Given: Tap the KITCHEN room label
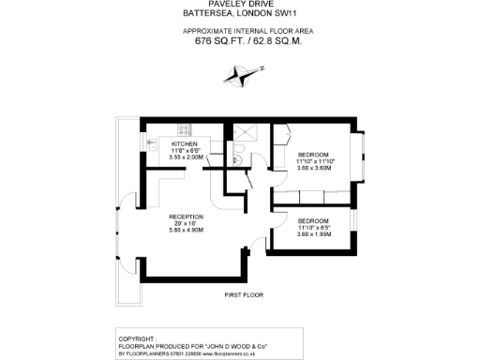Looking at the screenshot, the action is [184, 143].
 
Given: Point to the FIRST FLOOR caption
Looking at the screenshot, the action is [244, 295].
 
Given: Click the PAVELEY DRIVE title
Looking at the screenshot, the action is [240, 5].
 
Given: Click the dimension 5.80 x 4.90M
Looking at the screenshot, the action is [187, 230].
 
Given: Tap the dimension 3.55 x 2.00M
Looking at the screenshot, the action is [186, 157].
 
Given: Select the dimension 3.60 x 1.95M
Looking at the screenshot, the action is [315, 233].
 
